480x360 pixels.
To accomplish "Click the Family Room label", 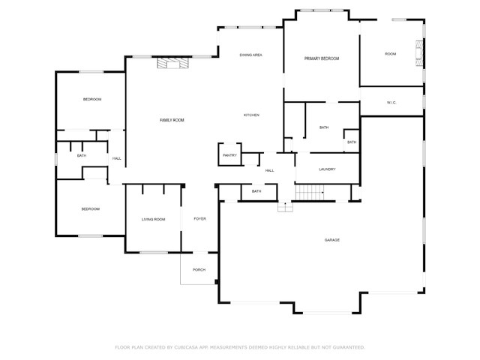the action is (x=172, y=120).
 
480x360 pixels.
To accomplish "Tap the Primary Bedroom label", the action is (x=322, y=58).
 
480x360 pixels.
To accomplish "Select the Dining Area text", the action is (x=250, y=55).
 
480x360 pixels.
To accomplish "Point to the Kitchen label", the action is (x=251, y=115).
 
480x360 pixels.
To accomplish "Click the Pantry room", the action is (x=230, y=154).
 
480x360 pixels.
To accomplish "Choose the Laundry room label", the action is (x=327, y=169).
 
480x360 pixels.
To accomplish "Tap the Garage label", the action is (x=331, y=240).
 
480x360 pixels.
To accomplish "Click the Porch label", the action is (x=199, y=270).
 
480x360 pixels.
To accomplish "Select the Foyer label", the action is (x=200, y=219).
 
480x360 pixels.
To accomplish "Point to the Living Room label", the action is (x=153, y=220).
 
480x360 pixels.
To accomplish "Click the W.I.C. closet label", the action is (x=391, y=103).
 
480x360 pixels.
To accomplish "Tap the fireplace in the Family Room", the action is (x=173, y=63).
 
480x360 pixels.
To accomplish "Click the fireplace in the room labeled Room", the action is (x=419, y=53).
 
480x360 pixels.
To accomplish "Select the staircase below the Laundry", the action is (x=310, y=192).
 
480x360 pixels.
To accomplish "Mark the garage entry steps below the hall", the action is (x=285, y=207).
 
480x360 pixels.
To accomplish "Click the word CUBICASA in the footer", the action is (x=186, y=347).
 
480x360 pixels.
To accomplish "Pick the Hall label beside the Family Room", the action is (x=117, y=158).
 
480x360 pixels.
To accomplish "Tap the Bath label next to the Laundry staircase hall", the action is (x=256, y=191).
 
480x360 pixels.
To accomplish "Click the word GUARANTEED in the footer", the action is (x=348, y=347).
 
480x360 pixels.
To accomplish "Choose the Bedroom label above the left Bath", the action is (x=92, y=100).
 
